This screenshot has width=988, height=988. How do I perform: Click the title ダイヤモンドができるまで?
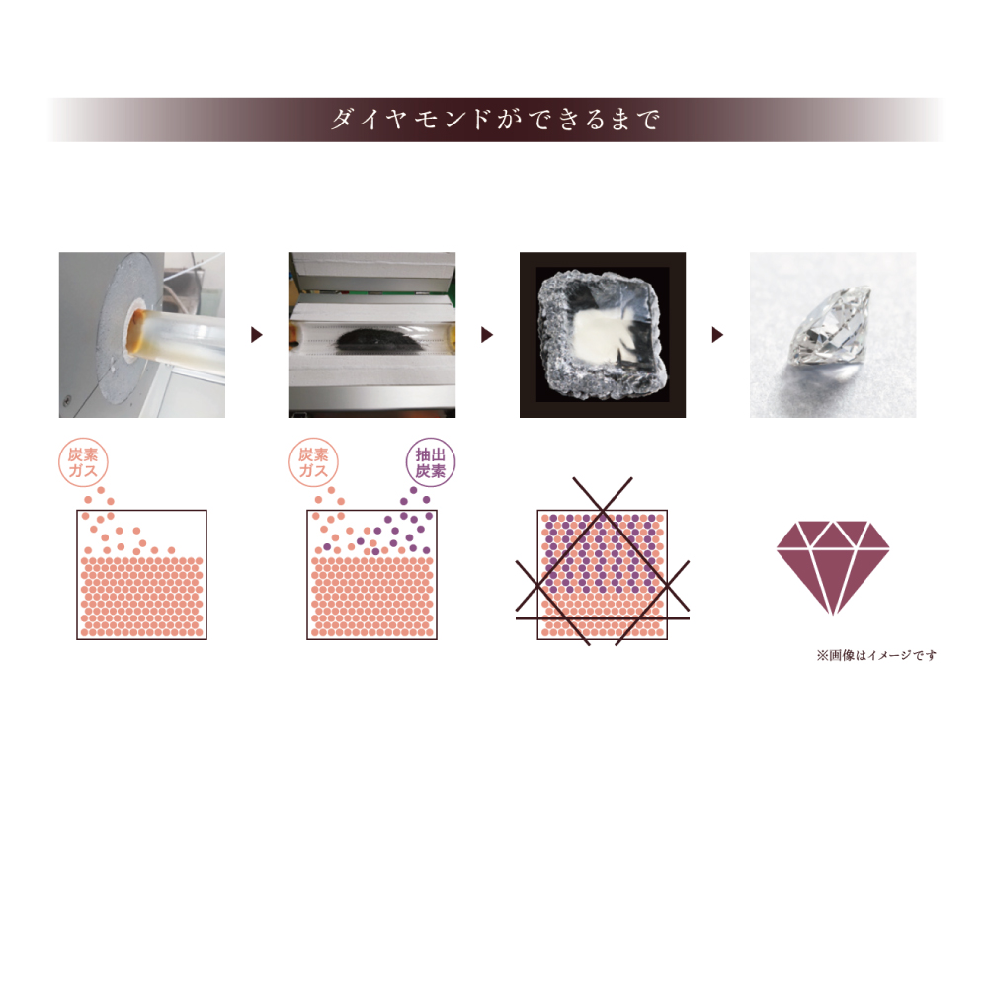coord(495,120)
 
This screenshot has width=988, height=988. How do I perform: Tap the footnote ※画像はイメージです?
coord(875,655)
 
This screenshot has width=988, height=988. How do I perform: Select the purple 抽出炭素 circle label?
coord(431,462)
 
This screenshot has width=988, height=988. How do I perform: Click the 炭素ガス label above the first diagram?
coord(83,462)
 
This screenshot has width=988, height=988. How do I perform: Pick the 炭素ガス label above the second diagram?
coord(313,462)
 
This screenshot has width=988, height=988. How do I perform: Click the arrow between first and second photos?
coord(257,335)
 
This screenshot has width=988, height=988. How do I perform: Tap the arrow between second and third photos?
coord(486,335)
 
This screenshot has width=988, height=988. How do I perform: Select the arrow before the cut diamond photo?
coord(717,335)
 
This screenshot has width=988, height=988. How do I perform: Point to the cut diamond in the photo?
coord(832,334)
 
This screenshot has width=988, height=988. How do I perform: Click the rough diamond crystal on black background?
coord(602,334)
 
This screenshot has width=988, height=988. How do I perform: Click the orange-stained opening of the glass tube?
coord(133,331)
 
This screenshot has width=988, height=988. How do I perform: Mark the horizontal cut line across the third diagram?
coord(603,618)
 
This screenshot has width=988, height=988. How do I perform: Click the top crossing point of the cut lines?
coord(603,509)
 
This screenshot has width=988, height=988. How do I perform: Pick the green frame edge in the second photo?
coord(450,278)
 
